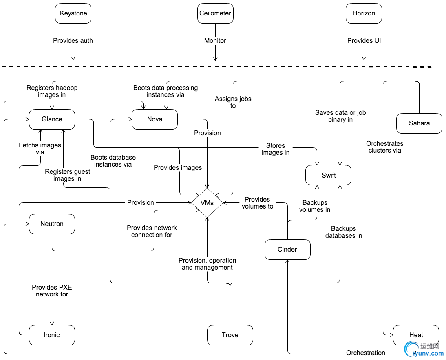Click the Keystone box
tap(73, 13)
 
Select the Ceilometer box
tap(215, 13)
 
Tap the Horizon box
tap(364, 13)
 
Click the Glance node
tap(52, 119)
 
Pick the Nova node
tap(155, 119)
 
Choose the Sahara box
tap(419, 123)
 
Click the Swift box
tap(329, 176)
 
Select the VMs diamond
tap(208, 203)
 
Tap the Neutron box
tap(52, 224)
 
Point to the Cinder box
tap(287, 250)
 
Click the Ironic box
tap(52, 335)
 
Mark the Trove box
tap(230, 335)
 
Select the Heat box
tap(416, 335)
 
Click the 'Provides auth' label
tap(73, 41)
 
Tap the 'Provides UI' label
tap(364, 41)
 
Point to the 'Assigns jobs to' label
tap(233, 102)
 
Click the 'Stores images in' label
tap(276, 149)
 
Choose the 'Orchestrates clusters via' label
tap(385, 147)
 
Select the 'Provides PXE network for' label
tap(52, 291)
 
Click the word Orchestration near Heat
tap(366, 353)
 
